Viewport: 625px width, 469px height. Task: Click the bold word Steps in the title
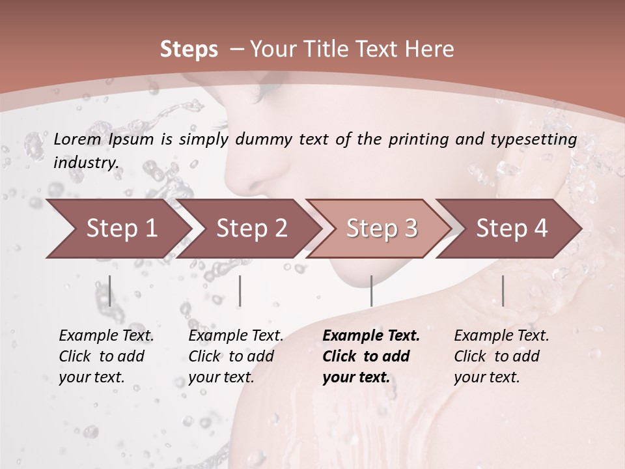189,50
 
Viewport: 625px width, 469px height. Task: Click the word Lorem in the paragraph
77,139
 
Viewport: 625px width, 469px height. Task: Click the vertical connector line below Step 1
109,291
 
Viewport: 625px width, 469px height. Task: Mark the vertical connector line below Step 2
240,291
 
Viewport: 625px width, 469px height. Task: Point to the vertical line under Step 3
371,291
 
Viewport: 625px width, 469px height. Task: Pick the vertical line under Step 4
503,291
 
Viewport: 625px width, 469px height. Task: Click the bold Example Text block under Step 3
370,356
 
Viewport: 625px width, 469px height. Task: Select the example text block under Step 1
106,356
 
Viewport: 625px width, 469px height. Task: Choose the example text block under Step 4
501,356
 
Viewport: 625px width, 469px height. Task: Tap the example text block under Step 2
236,356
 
